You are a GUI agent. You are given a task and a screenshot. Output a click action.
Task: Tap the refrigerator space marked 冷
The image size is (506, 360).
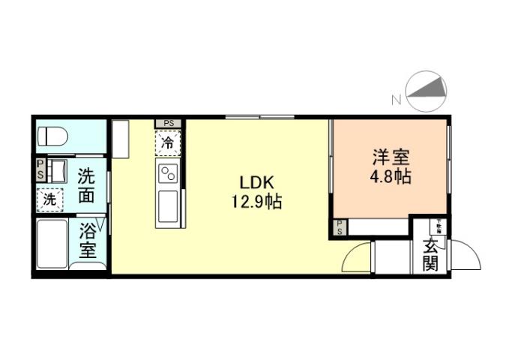[x=168, y=140]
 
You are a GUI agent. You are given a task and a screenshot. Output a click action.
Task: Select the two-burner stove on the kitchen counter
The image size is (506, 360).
[x=168, y=175]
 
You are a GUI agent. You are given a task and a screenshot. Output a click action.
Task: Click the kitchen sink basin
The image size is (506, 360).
[x=168, y=204]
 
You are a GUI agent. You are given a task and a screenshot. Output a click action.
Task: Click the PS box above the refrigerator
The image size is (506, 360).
[x=169, y=122]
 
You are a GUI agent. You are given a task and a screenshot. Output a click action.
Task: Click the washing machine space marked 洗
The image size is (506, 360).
[x=50, y=199]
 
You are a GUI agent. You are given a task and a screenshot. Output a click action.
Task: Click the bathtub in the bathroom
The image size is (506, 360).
[x=52, y=244]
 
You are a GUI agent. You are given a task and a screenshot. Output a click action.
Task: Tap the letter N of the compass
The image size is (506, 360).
[x=395, y=98]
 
